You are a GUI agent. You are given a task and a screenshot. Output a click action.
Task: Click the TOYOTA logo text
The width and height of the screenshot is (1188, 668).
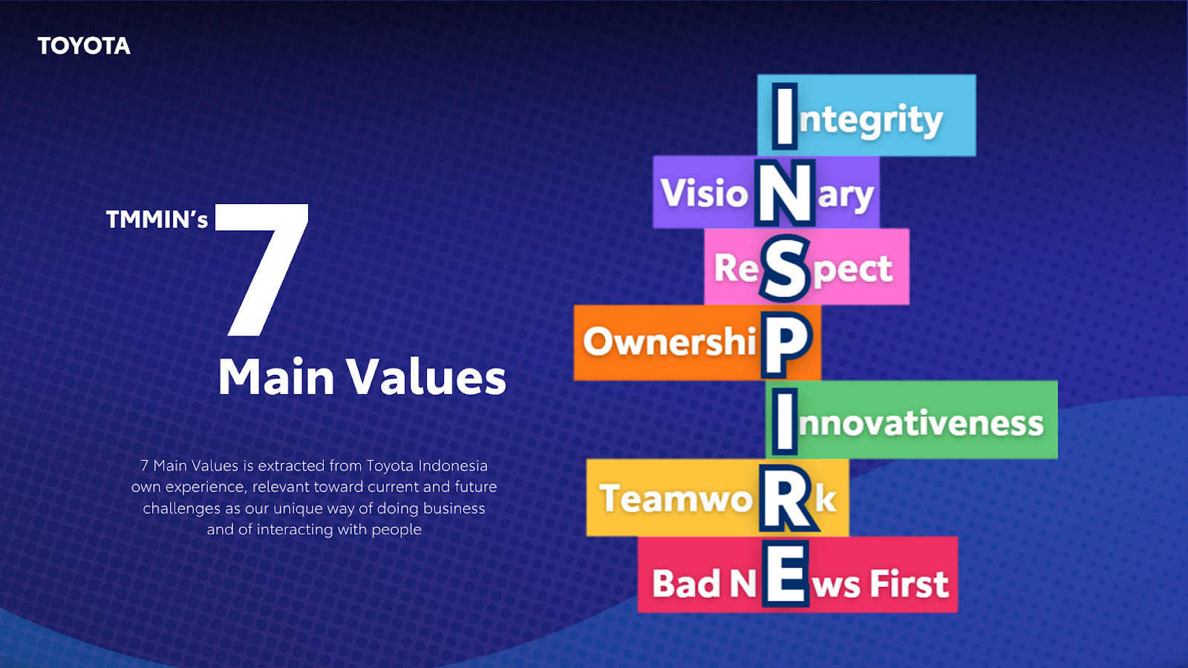point(84,46)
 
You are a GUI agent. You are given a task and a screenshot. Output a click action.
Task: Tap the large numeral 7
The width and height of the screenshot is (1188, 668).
point(262,270)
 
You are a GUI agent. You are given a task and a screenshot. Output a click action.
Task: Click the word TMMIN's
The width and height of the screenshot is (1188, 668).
point(157,220)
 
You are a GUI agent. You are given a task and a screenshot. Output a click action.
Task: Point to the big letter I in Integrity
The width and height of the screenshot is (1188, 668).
point(784,116)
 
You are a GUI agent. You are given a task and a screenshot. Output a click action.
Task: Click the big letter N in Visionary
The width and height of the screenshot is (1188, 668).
point(785,193)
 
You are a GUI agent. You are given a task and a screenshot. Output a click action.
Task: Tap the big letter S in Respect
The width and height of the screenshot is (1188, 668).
point(785,268)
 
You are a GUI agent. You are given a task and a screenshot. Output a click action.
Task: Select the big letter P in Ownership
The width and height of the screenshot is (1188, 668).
point(786,344)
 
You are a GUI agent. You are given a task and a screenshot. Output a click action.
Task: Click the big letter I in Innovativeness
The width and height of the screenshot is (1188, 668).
point(785,422)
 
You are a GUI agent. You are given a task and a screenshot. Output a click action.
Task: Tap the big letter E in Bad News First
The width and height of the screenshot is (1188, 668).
point(786,574)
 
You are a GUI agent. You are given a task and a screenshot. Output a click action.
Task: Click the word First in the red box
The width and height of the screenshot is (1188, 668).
point(909,583)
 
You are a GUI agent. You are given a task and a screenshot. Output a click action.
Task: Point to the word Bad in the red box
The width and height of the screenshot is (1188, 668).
point(686,583)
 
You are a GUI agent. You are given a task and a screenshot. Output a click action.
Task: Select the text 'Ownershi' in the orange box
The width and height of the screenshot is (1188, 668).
point(670,342)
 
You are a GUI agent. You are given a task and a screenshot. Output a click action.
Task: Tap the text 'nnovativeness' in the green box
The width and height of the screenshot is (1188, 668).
point(921,423)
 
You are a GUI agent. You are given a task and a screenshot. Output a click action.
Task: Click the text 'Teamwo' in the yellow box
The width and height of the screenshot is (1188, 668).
point(676,499)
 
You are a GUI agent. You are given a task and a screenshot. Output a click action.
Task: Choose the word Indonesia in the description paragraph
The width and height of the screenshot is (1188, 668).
point(453,466)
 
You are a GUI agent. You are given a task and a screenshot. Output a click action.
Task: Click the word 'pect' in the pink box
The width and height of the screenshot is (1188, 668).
point(853,271)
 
